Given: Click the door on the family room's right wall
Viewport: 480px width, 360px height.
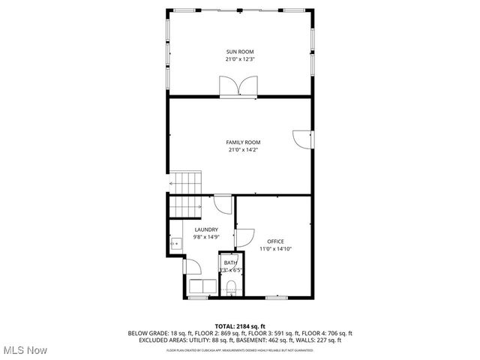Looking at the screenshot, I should pos(301,138).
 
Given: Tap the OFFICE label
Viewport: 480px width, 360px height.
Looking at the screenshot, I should pos(275,241).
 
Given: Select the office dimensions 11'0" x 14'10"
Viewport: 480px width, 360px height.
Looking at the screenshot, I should pos(275,248).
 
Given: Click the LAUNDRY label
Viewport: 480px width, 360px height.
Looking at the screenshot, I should pos(206,229).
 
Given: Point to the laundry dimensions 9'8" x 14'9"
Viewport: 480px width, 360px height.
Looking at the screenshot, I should pos(206,237).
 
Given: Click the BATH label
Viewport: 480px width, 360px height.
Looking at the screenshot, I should pos(229,262).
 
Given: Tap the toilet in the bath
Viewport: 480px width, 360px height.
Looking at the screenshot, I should pos(231,286).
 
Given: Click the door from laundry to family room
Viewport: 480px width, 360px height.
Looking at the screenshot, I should pos(223,205).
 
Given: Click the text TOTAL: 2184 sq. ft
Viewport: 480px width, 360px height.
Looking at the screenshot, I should pos(240,326).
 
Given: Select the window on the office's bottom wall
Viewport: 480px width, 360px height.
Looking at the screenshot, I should pos(275,298).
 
